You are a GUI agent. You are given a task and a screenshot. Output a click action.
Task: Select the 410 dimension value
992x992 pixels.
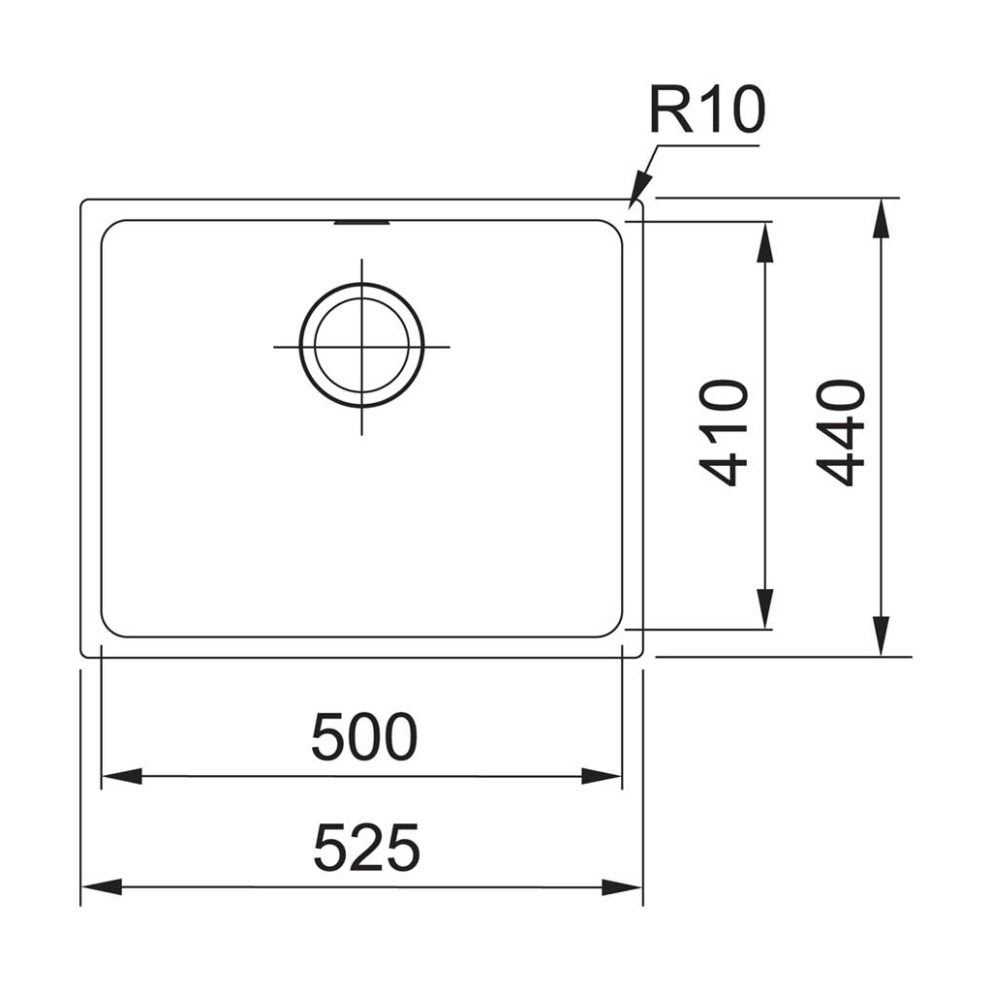(x=724, y=432)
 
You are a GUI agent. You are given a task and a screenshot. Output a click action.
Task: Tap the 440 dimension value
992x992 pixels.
(x=840, y=432)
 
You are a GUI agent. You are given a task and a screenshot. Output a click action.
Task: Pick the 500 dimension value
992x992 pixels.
(x=363, y=737)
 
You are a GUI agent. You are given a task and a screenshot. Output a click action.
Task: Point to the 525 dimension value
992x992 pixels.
(x=365, y=848)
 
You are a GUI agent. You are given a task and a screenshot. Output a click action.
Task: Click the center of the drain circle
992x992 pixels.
(x=361, y=346)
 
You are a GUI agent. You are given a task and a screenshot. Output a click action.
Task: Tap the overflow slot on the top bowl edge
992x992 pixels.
(x=361, y=222)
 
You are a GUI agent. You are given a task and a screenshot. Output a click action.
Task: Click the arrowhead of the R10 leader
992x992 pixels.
(x=637, y=192)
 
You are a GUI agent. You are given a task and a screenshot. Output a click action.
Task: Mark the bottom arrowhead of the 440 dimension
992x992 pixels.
(x=880, y=638)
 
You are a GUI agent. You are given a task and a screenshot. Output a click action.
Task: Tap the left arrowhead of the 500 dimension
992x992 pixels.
(x=120, y=776)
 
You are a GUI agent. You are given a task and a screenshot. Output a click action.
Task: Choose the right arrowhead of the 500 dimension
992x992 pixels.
(x=602, y=776)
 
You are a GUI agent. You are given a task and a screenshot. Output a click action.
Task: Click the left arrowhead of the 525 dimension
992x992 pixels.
(x=100, y=886)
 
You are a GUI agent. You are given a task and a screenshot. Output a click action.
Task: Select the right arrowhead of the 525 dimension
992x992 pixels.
(x=623, y=886)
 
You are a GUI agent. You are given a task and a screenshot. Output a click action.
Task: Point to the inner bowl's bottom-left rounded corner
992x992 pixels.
(x=108, y=630)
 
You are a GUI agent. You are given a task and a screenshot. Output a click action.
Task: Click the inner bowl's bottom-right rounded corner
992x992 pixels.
(x=615, y=630)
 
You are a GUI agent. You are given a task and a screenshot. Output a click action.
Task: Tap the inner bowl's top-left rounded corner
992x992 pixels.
(x=108, y=228)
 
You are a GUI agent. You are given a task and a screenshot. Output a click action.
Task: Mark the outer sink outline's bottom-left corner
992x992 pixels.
(x=82, y=655)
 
